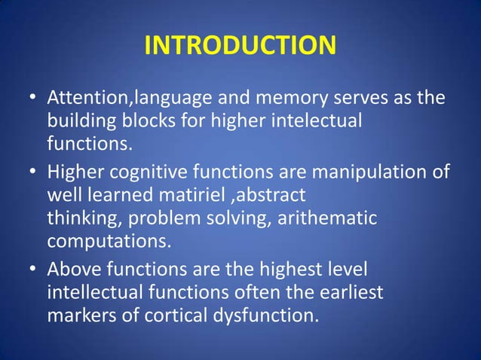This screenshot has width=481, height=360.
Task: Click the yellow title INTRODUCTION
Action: click(x=240, y=45)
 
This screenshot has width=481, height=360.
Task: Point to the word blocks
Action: click(x=139, y=121)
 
